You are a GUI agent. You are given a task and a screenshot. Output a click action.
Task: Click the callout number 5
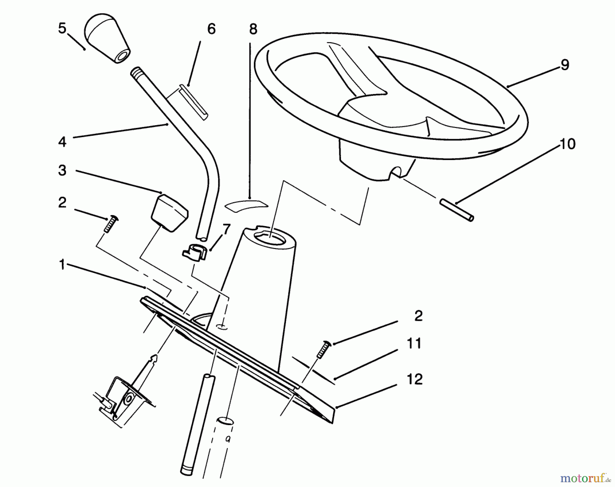[62, 29]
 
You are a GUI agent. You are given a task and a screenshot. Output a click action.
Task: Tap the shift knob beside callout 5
[107, 42]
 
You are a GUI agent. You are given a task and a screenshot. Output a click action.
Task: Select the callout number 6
[211, 29]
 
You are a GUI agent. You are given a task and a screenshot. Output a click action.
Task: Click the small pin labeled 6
[194, 102]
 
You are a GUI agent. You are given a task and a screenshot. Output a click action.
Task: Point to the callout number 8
[253, 29]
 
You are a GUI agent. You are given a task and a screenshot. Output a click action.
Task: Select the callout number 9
[565, 65]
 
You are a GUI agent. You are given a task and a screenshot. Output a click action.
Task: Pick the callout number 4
[62, 141]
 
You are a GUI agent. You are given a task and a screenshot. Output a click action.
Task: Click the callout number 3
[62, 170]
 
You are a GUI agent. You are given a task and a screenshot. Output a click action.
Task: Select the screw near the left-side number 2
[110, 224]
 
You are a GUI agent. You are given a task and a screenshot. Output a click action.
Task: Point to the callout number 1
[62, 264]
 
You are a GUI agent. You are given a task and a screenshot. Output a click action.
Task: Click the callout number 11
[414, 343]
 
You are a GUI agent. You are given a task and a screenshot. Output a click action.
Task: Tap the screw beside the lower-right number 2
[323, 350]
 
